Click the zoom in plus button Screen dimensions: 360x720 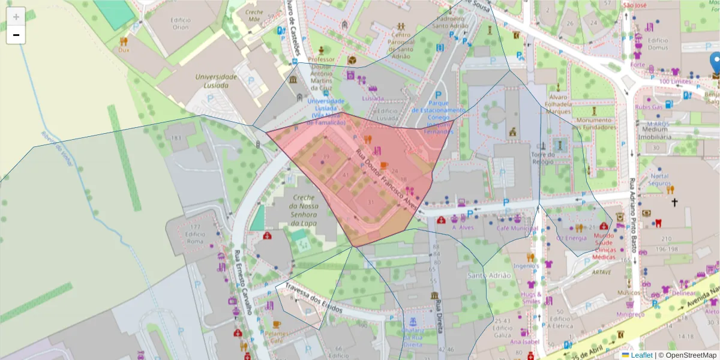click(16, 16)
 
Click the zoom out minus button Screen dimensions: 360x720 click(16, 35)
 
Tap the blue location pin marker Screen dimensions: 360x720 click(715, 63)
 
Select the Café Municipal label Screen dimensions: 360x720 click(516, 229)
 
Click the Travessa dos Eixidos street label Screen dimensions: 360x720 click(313, 299)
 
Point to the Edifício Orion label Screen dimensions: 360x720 click(180, 23)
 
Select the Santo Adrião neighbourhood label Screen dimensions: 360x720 click(488, 275)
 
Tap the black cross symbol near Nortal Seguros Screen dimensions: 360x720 click(674, 203)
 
